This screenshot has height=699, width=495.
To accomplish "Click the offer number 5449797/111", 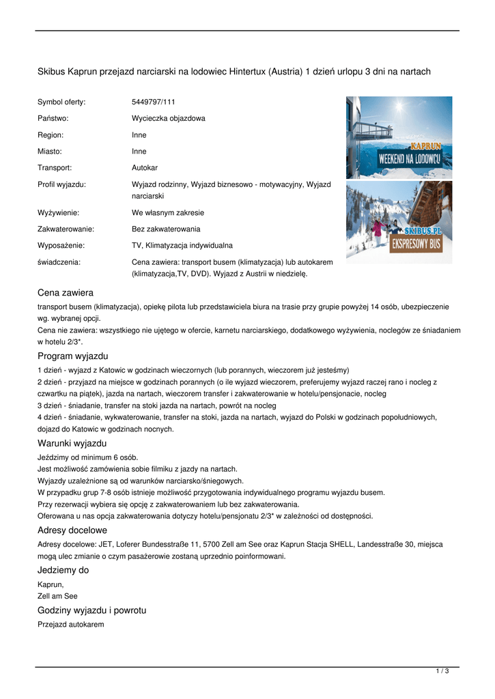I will [154, 102].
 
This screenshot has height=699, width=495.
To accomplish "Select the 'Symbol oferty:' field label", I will [61, 102].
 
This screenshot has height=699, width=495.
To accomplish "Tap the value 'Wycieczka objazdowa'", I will [168, 118].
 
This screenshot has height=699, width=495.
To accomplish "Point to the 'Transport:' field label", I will [55, 167].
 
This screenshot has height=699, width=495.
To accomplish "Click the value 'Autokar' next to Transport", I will [145, 167].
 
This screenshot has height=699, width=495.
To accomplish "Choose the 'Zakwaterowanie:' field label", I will [66, 229].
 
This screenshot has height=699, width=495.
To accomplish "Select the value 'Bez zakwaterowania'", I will [166, 229].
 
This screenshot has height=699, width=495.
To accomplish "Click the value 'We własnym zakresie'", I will [167, 212].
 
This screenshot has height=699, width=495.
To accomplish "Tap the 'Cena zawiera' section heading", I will [66, 293].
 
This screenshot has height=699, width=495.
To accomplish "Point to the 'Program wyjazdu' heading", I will [72, 356].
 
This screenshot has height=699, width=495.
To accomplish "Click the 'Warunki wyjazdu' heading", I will [72, 444].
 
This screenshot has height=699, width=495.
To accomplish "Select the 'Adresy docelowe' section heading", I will [72, 530].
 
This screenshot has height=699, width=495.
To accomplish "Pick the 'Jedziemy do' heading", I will [63, 570].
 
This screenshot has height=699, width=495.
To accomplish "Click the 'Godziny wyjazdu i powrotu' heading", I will [91, 610].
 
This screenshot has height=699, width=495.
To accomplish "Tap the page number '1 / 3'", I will [442, 672].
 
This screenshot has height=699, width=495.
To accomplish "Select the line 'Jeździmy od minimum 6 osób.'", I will [82, 457].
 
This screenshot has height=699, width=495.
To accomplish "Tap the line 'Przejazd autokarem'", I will [70, 624].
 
